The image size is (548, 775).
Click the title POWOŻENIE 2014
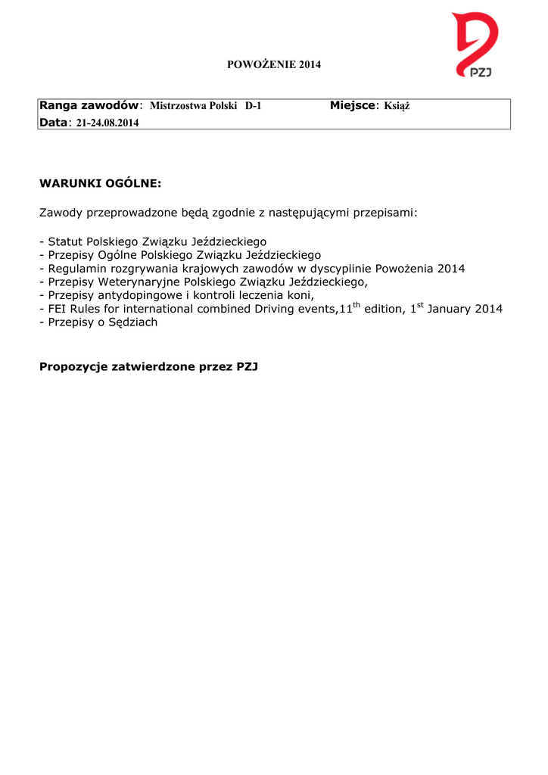point(274,64)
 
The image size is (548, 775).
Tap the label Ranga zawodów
point(89,105)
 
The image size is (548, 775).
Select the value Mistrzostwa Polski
point(194,106)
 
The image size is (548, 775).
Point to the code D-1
point(253,106)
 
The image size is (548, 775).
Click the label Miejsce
point(352,105)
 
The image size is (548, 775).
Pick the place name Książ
point(397,106)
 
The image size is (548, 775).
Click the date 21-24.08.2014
point(107,123)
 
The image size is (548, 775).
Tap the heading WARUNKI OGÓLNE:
point(100,183)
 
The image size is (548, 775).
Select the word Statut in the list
point(65,241)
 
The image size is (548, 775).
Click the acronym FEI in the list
point(58,310)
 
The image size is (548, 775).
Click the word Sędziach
point(132,323)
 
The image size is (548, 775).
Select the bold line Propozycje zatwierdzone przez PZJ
point(149,368)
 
